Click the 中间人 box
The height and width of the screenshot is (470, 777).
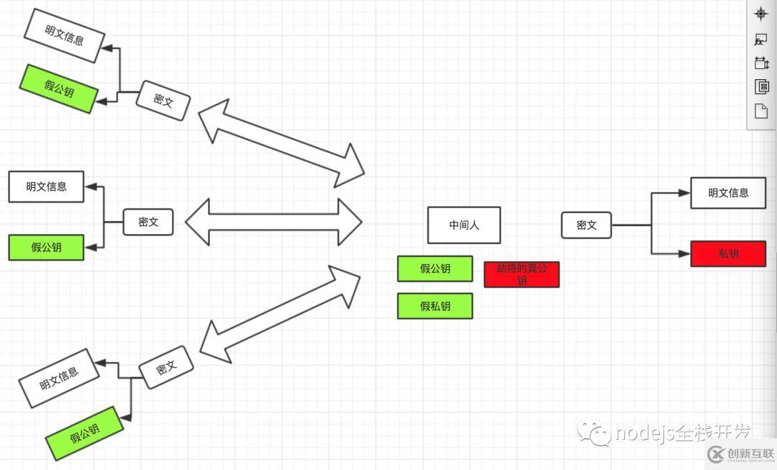click(x=463, y=225)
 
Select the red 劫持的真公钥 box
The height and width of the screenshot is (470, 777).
click(x=521, y=274)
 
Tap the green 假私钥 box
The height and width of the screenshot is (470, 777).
click(x=435, y=306)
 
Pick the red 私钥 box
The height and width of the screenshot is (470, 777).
click(x=728, y=253)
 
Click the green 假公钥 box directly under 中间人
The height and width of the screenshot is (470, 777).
click(x=435, y=268)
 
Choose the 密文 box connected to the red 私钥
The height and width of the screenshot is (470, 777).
click(x=586, y=225)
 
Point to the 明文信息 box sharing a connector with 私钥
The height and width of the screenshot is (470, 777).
click(x=728, y=192)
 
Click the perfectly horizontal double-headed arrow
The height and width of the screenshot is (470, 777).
click(x=273, y=222)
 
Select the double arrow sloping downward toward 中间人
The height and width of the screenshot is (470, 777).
click(x=281, y=143)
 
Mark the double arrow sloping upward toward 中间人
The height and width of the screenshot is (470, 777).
click(x=280, y=313)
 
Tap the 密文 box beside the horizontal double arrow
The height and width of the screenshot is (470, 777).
click(x=148, y=222)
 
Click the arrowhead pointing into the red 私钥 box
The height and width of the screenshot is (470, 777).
click(x=684, y=253)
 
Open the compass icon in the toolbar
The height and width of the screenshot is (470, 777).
click(x=761, y=14)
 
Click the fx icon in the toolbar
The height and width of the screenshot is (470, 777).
click(x=760, y=40)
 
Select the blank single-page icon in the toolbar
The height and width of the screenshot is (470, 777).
click(x=761, y=111)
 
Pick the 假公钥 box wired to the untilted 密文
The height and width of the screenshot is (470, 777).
click(x=46, y=247)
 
